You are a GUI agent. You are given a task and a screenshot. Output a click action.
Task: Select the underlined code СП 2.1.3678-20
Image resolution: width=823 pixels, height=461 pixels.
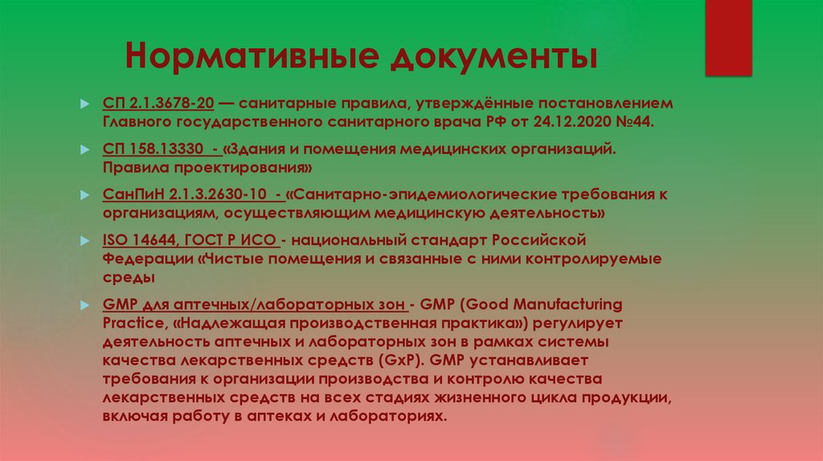coord(158,104)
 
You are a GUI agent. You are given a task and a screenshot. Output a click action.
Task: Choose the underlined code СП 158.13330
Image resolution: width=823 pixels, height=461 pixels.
coord(153,150)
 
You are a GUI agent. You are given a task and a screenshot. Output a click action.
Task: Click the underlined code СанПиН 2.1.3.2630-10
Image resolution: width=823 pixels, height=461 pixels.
coord(182,195)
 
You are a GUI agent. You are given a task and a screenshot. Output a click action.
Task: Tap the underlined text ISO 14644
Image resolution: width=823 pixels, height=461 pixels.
coord(138,240)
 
